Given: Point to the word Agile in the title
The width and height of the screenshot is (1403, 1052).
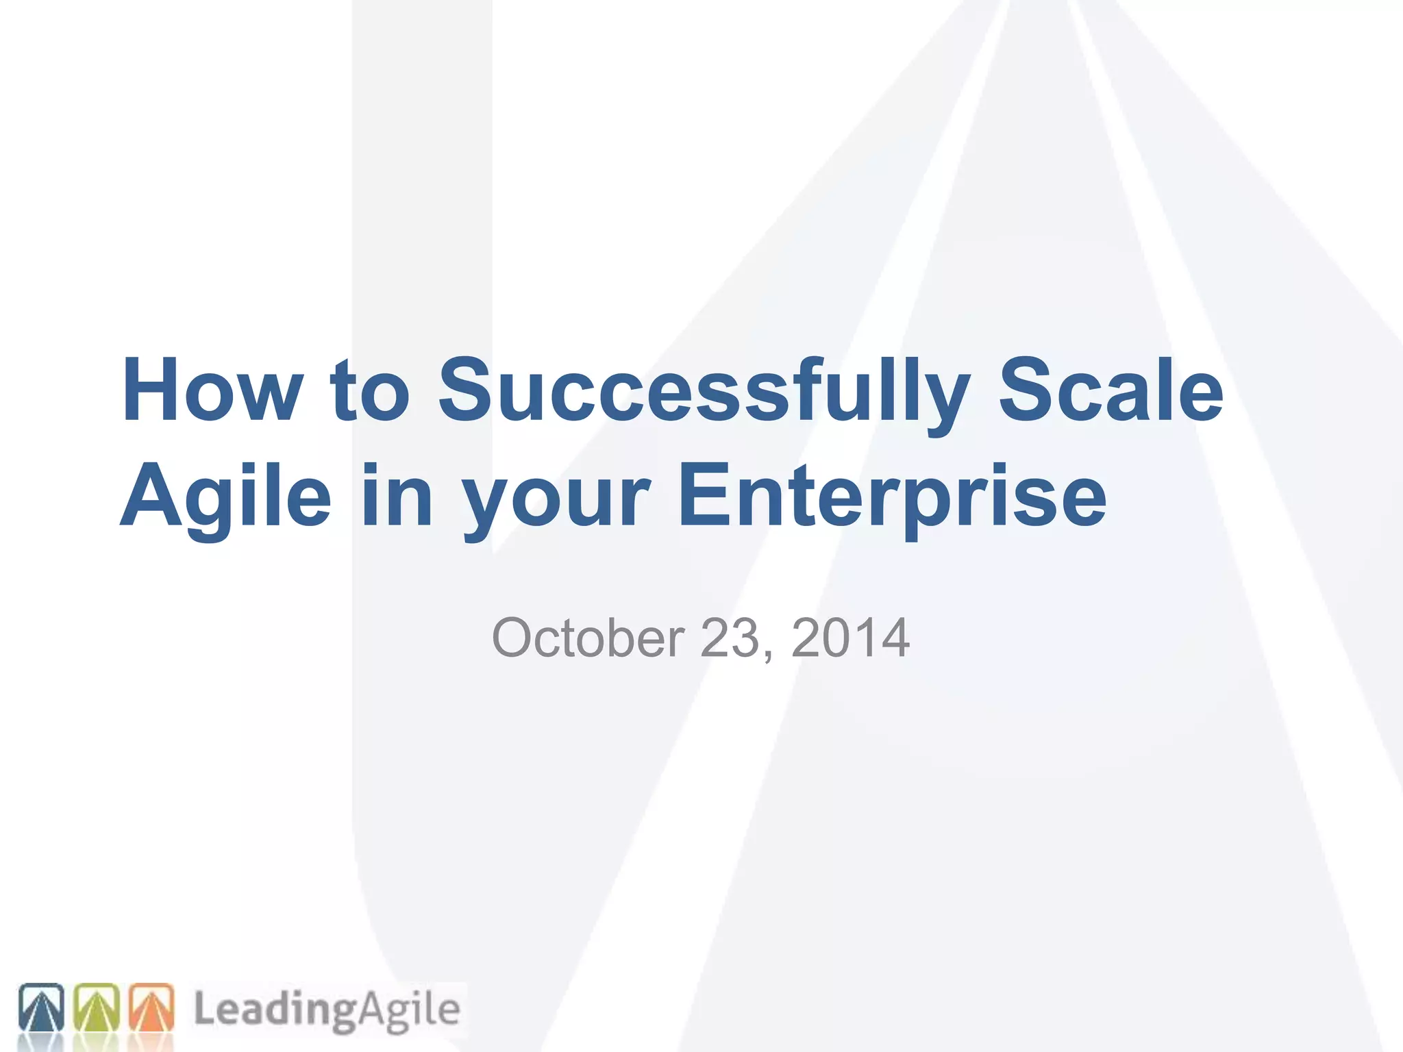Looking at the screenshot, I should (x=226, y=496).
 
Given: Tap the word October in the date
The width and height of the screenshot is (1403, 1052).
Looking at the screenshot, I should (x=588, y=638).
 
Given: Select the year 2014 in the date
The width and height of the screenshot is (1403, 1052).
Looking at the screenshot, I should (x=850, y=638).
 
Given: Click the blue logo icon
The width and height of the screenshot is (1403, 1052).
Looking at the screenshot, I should (x=41, y=1007).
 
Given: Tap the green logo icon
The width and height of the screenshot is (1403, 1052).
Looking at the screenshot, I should (x=96, y=1007).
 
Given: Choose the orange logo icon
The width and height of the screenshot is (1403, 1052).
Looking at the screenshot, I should (x=151, y=1007).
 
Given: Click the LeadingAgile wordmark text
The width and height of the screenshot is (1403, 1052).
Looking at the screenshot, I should (x=327, y=1010).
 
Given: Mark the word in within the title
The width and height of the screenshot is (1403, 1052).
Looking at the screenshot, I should (x=397, y=496).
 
